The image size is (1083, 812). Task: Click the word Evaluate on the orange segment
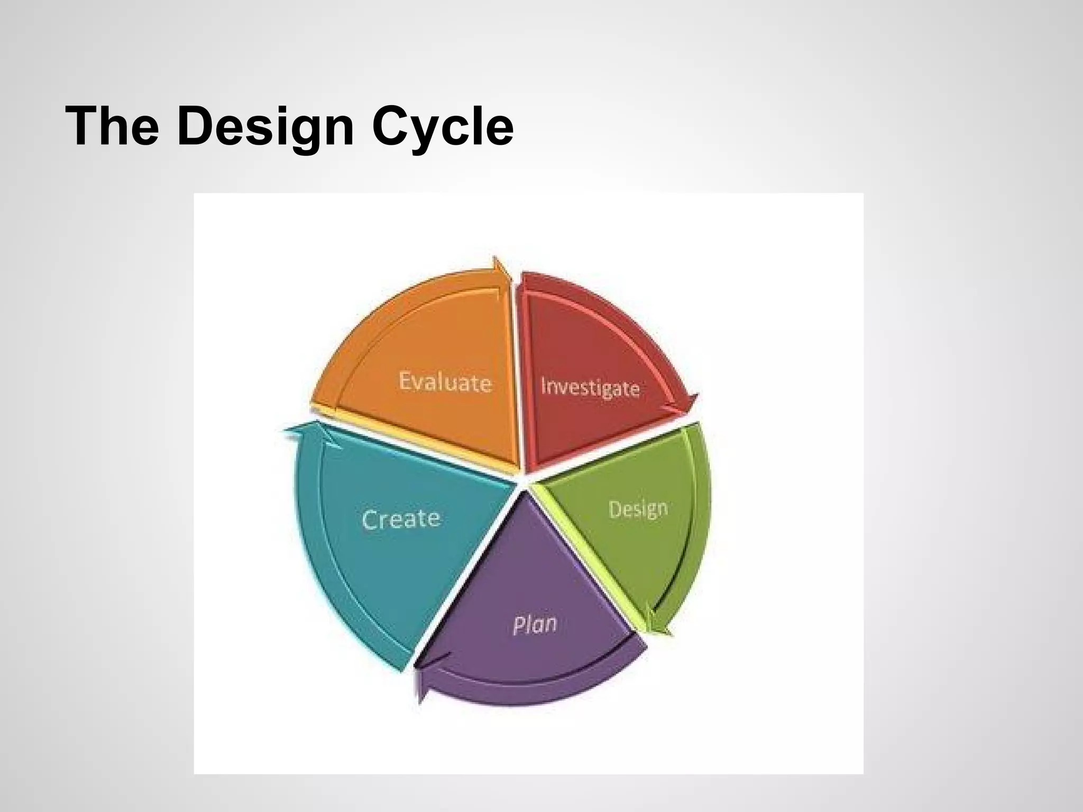point(445,382)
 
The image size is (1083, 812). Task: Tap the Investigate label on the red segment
point(590,387)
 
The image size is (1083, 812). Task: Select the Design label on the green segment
point(638,509)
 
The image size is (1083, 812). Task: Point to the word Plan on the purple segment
point(535,625)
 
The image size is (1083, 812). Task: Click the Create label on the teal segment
point(401,519)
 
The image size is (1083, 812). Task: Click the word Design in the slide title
point(265,127)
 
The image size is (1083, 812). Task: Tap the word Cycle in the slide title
point(443,127)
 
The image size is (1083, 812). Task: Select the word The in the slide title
point(112,127)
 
